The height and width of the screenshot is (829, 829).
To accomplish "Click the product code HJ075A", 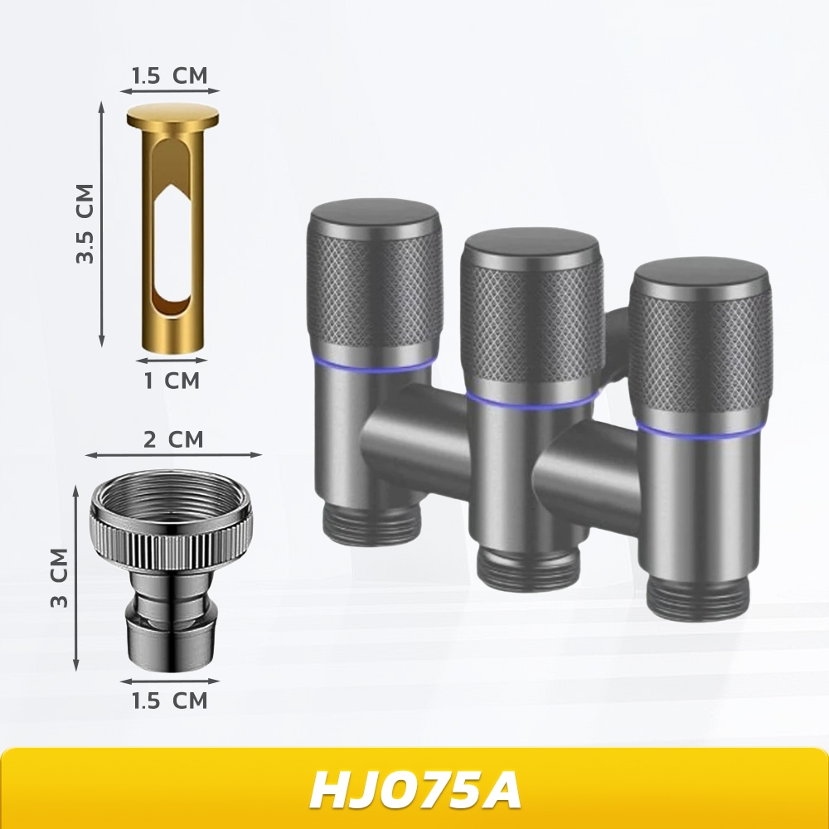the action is [415, 790].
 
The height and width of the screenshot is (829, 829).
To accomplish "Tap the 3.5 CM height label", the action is [85, 224].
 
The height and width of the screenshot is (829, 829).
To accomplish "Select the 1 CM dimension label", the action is [172, 381].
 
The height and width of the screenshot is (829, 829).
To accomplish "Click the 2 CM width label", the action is [173, 439].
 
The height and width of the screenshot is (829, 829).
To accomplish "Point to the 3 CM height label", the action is [60, 578].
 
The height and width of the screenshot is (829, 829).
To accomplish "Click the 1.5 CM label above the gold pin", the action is [169, 75].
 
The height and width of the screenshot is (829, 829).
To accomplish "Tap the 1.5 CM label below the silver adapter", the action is [169, 701].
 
